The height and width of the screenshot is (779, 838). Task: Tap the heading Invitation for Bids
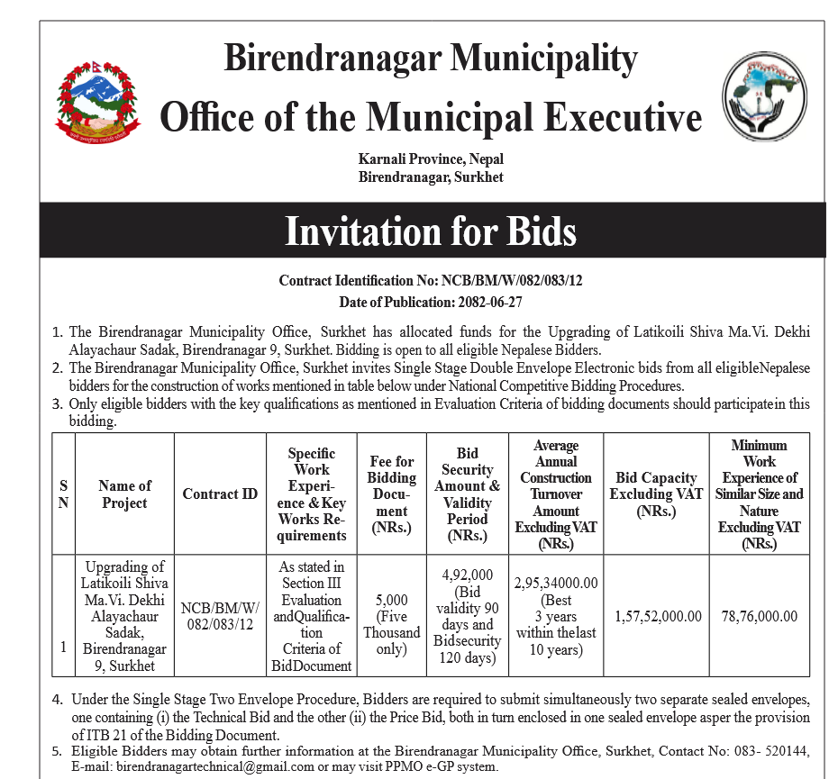(431, 231)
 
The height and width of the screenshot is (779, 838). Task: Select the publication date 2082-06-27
(541, 302)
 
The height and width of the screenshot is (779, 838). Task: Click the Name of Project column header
(124, 494)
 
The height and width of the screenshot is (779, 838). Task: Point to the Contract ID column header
(220, 494)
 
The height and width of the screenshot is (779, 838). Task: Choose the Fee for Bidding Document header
(392, 494)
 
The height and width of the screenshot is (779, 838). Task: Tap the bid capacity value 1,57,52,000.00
(658, 616)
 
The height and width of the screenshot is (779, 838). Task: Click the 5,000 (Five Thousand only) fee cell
(392, 616)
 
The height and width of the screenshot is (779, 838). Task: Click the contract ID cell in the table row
(220, 616)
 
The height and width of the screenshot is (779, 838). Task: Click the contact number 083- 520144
(772, 751)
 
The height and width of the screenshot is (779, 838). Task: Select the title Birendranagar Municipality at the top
(431, 59)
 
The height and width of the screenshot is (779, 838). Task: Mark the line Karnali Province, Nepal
(431, 159)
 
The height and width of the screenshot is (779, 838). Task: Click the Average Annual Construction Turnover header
(556, 494)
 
